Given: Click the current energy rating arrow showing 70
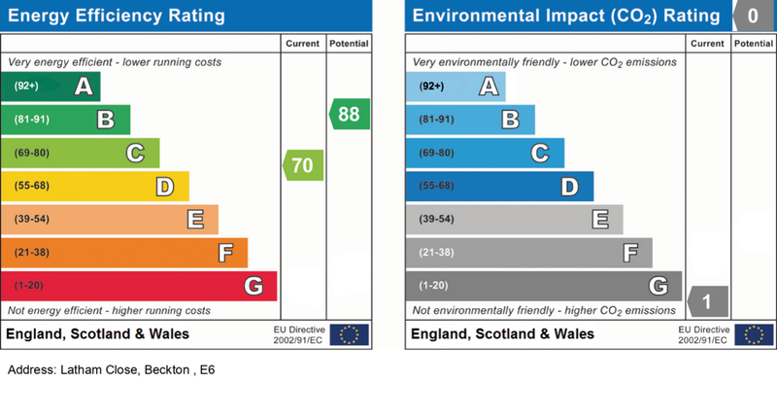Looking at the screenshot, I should (x=304, y=165).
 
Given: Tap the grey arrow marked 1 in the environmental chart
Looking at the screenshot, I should (x=708, y=302).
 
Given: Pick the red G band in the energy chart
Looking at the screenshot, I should (x=139, y=286).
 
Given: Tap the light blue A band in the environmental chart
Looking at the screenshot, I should (x=456, y=87).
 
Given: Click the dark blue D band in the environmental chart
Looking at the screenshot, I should (x=499, y=186).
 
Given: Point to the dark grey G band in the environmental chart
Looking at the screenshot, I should (x=544, y=286).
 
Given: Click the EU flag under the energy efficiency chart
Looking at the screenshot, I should (x=349, y=335).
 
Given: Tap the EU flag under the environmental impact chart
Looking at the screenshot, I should (x=754, y=335).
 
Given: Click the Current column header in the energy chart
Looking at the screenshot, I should (x=302, y=45).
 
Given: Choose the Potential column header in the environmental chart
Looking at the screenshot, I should (x=754, y=45).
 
